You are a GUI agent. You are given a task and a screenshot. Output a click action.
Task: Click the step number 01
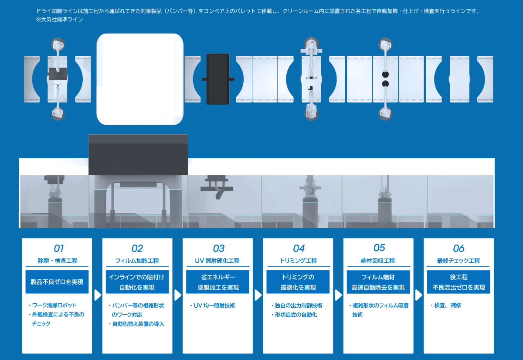tap(58, 248)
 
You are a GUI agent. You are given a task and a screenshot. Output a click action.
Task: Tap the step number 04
tap(299, 248)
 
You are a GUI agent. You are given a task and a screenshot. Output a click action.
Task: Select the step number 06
tap(458, 248)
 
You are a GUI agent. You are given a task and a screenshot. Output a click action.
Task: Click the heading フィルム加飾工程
tap(137, 261)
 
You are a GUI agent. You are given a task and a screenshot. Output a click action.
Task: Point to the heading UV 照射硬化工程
tap(217, 261)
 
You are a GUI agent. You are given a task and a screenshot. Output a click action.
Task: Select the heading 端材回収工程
tap(378, 261)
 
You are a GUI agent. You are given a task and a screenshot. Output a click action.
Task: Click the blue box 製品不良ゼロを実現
tap(57, 282)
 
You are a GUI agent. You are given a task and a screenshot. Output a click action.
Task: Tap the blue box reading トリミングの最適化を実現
tap(298, 282)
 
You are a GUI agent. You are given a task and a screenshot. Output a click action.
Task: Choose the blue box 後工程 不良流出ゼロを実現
tap(458, 282)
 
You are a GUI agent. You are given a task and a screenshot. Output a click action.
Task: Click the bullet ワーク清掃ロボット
tap(52, 306)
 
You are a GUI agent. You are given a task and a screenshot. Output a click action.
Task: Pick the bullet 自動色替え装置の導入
tap(136, 324)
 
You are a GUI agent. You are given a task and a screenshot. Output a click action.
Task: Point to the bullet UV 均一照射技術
tap(213, 306)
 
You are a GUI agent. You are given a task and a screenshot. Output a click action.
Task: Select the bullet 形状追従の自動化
tap(294, 315)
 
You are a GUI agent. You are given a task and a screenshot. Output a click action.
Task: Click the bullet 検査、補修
tap(446, 306)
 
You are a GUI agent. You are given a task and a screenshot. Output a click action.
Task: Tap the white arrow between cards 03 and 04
tap(258, 295)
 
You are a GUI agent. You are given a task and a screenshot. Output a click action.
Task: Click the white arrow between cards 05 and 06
tap(419, 295)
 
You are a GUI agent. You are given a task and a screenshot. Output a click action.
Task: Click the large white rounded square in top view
tap(140, 79)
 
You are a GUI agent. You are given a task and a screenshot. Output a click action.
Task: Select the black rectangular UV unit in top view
tap(218, 79)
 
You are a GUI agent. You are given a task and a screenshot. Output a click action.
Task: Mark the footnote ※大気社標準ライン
tap(59, 19)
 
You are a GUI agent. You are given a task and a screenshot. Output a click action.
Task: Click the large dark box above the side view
tap(138, 155)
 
